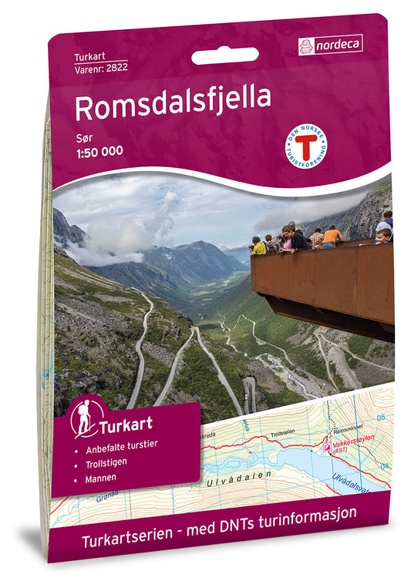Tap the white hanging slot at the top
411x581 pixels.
click(x=224, y=56)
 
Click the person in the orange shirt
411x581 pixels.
click(x=333, y=237)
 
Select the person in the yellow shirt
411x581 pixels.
click(x=260, y=246)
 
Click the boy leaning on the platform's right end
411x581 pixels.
click(x=382, y=236)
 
